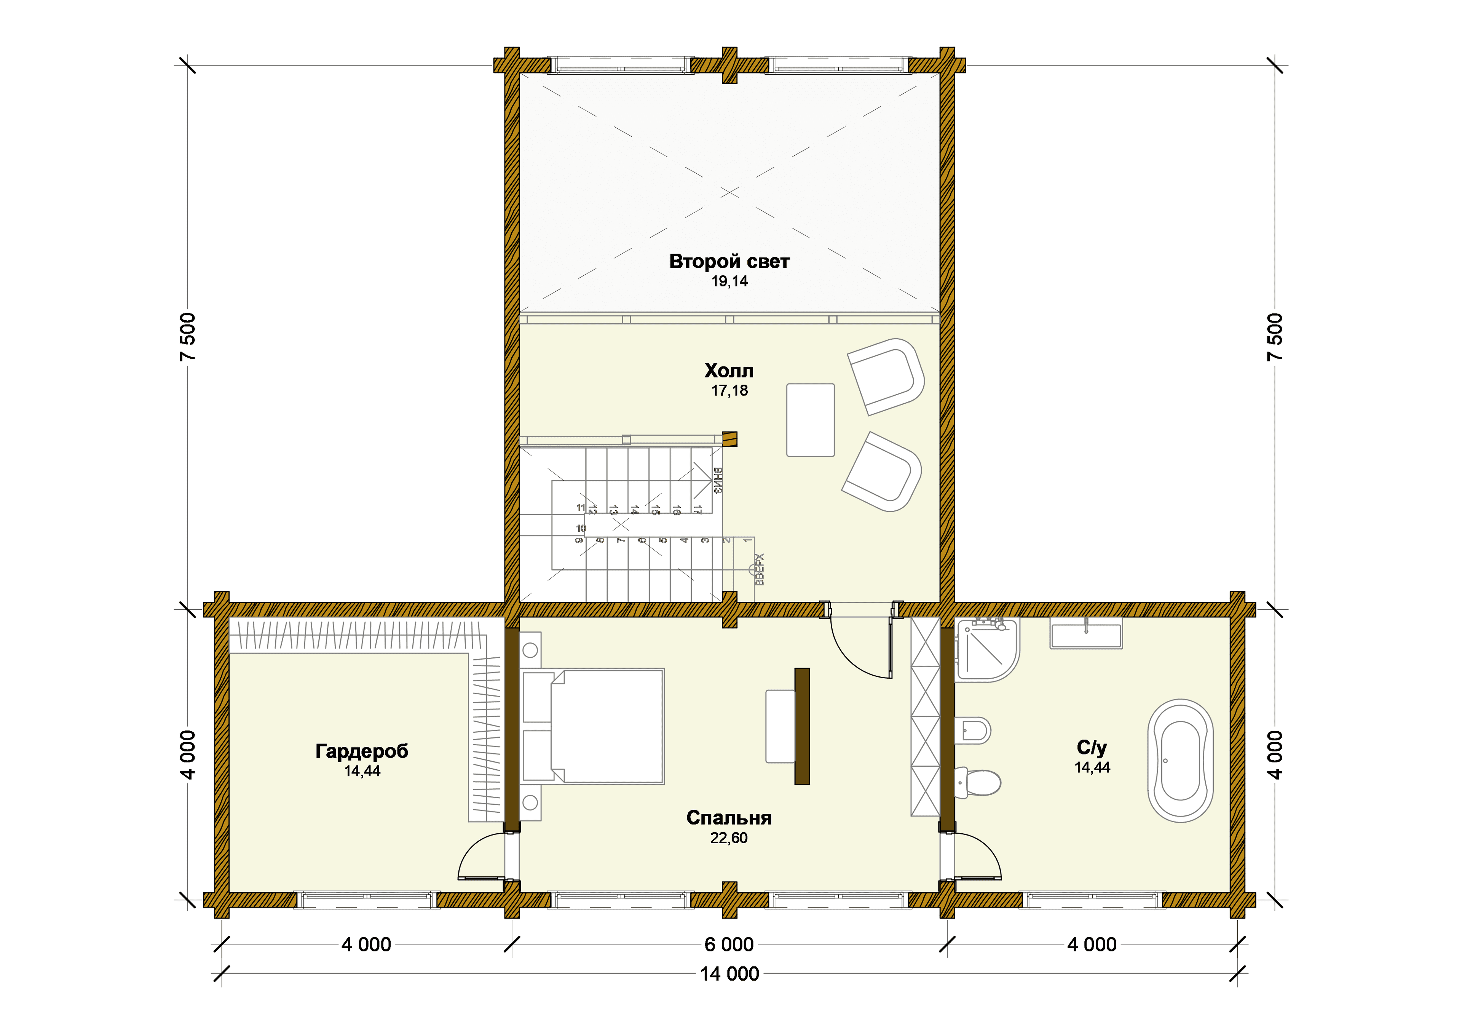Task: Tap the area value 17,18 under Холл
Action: [x=730, y=390]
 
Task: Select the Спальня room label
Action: [x=729, y=818]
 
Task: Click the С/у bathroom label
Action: [x=1092, y=747]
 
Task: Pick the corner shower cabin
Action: [x=987, y=649]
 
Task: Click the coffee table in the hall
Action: [x=811, y=420]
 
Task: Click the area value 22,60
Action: [x=729, y=838]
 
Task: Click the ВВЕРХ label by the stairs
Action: [x=759, y=569]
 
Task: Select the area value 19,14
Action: [x=730, y=281]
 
